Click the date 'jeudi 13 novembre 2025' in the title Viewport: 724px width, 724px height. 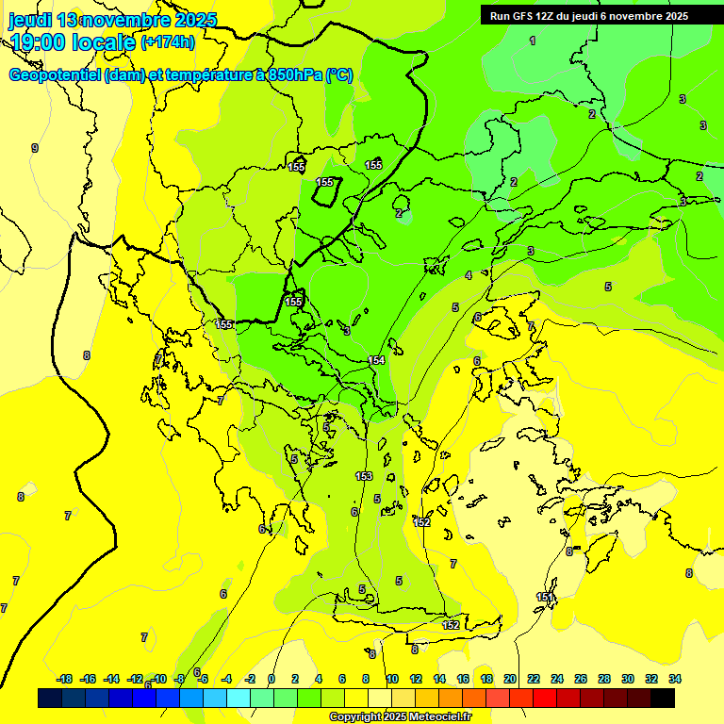tap(112, 20)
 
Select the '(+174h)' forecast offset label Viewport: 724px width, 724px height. tap(168, 42)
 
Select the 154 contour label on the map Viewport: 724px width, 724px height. tap(377, 361)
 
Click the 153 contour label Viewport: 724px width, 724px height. tap(364, 476)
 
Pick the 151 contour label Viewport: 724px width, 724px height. tap(545, 598)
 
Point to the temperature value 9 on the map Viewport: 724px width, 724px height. tap(35, 148)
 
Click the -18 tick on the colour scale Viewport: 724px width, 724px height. tap(65, 679)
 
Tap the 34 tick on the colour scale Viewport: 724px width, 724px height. tap(675, 679)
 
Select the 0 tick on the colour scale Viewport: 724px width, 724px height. tap(271, 679)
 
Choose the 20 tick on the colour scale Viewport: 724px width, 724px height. tap(510, 679)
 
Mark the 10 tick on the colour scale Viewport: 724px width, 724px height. tap(391, 679)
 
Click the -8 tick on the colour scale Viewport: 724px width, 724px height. tap(179, 679)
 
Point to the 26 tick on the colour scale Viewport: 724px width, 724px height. tap(581, 679)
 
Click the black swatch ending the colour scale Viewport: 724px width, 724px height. tap(663, 699)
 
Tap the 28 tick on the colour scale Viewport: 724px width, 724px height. tap(604, 679)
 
